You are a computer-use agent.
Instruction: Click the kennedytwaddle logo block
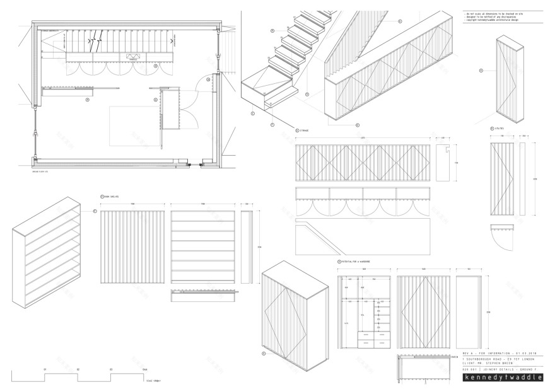tap(503, 378)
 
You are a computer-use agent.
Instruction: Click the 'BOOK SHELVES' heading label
tap(113, 197)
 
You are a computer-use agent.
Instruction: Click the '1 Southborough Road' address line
tap(498, 359)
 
